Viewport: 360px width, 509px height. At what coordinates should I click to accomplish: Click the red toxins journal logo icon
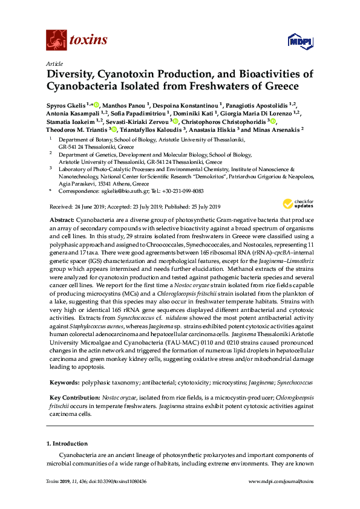[x=56, y=41]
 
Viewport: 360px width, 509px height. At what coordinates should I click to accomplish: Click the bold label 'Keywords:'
[x=64, y=383]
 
